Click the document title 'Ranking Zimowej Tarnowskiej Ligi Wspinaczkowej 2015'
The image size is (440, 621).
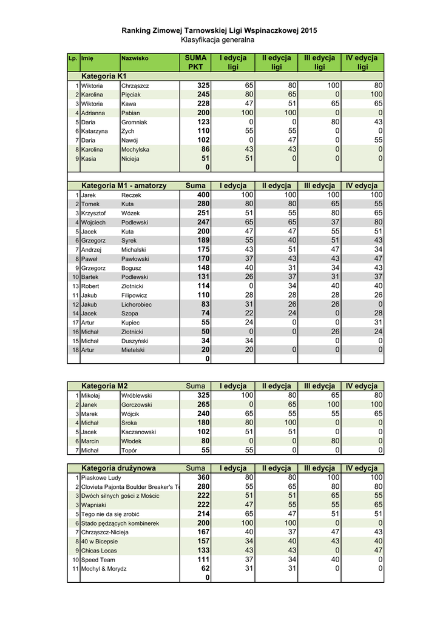coord(219,30)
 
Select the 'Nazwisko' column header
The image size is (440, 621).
coord(135,58)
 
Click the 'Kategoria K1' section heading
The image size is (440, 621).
coord(104,76)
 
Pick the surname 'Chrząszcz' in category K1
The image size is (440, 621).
coord(135,86)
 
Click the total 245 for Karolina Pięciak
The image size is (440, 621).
coord(203,95)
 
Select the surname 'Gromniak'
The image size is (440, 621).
coord(135,122)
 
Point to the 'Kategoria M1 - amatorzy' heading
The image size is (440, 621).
coord(124,186)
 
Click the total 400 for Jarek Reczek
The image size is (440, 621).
coord(203,195)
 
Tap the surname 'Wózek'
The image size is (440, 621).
coord(130,213)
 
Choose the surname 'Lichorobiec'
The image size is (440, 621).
coord(137,304)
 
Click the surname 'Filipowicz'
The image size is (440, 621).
coord(135,295)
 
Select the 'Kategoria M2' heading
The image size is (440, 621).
coord(104,386)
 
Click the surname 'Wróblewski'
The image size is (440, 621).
coord(137,395)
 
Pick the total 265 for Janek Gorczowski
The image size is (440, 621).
coord(203,404)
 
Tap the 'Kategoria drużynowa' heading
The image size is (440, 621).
coord(118,468)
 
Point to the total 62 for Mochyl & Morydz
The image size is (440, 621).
coord(205,569)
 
